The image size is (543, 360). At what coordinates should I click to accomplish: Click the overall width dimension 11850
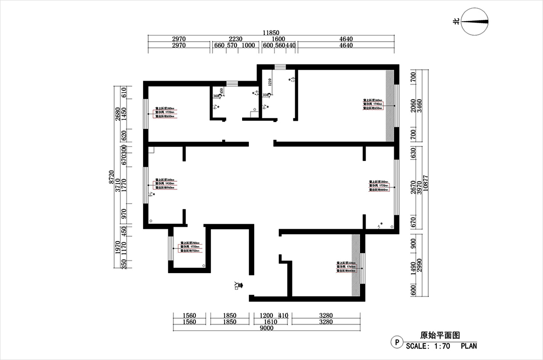click(x=271, y=33)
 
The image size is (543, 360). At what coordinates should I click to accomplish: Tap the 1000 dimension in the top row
click(x=248, y=46)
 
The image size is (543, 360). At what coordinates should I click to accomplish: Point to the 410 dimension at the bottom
click(x=283, y=315)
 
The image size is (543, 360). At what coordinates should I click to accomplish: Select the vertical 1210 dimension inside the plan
click(x=270, y=82)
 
